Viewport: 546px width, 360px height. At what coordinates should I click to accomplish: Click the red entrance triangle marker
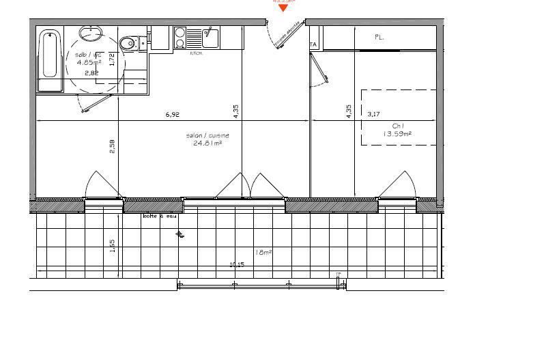click(x=283, y=8)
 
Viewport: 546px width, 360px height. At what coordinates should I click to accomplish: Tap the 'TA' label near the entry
click(x=314, y=45)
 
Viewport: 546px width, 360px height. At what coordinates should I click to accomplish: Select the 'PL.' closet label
click(x=379, y=38)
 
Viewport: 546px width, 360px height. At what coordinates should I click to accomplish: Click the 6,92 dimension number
click(x=172, y=115)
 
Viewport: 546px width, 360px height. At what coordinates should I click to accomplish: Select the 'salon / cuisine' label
click(x=207, y=136)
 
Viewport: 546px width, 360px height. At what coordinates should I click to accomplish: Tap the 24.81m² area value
click(x=207, y=144)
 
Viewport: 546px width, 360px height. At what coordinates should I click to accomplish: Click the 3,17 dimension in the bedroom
click(x=373, y=115)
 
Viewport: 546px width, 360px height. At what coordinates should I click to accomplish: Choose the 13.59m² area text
click(x=397, y=134)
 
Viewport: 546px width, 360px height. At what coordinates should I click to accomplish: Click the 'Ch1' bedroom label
click(x=398, y=126)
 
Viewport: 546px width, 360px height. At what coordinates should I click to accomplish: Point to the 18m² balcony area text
click(x=263, y=252)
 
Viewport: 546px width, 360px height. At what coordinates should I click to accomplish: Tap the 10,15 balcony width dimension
click(x=237, y=264)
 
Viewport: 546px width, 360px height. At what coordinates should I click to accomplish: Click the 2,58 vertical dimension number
click(x=113, y=146)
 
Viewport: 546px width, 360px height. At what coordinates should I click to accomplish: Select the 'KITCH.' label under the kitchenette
click(x=195, y=53)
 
